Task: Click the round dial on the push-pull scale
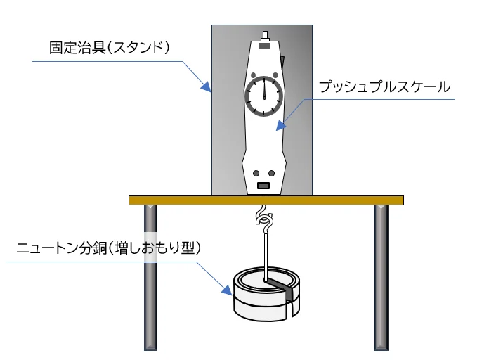click(264, 96)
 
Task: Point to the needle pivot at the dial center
click(264, 96)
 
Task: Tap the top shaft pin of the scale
click(264, 34)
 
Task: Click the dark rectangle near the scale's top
click(264, 46)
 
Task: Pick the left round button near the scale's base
click(256, 173)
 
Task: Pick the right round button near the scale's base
click(272, 173)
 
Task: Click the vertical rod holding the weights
click(266, 253)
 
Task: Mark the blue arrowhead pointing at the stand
click(207, 88)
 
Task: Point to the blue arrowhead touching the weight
click(228, 290)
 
